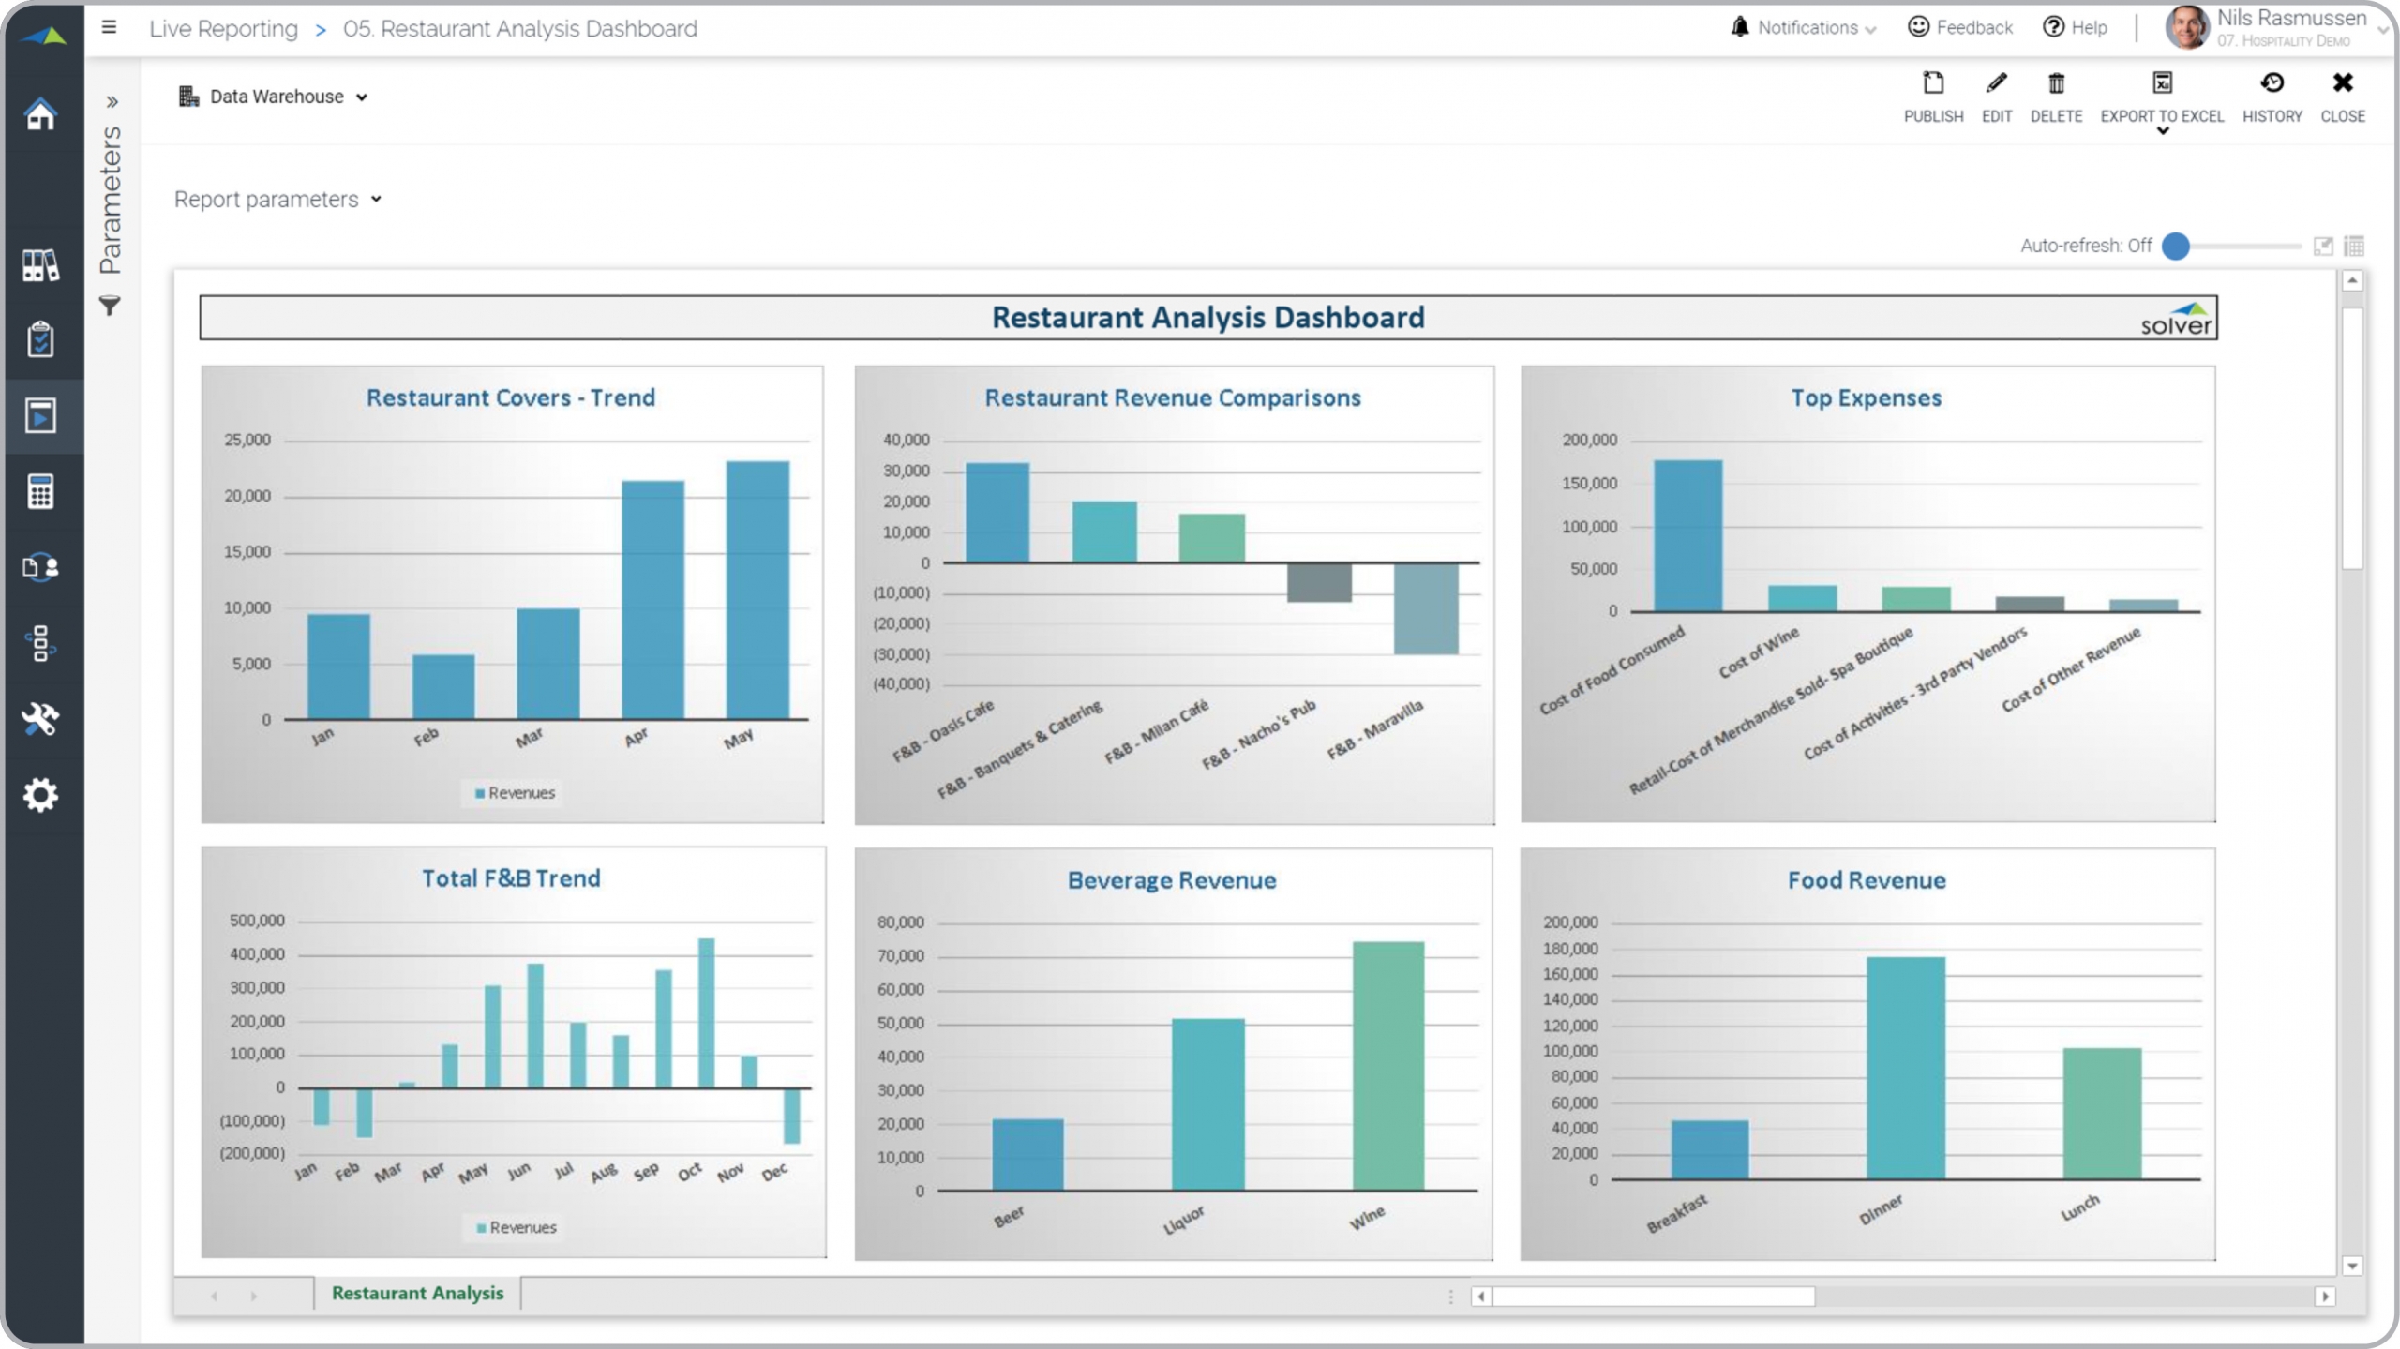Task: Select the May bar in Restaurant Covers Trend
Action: pos(757,590)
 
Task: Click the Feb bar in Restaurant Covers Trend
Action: pos(443,686)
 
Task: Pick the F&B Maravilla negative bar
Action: pos(1425,608)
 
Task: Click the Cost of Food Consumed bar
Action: pos(1687,535)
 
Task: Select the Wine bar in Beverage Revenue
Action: pos(1387,1066)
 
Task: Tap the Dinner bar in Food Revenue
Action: pos(1905,1068)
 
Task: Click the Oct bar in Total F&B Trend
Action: pos(706,1012)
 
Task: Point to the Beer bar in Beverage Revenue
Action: pos(1027,1154)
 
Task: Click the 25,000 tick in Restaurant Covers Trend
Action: pos(247,441)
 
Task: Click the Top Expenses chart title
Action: pos(1866,398)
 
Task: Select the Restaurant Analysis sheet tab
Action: pos(417,1293)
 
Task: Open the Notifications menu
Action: pos(1803,28)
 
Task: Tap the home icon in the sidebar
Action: pos(40,115)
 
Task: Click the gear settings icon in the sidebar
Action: pos(40,795)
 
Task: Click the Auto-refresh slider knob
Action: pos(2175,246)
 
